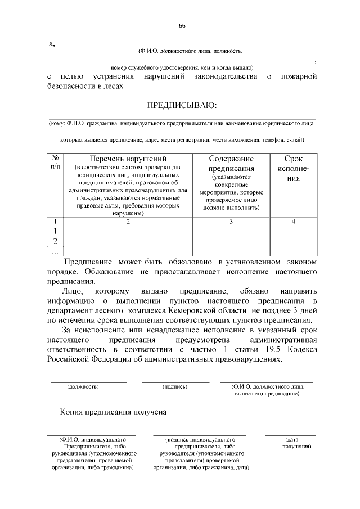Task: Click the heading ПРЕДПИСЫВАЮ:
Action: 181,105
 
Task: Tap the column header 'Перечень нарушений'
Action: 128,159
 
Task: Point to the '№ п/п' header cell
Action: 56,163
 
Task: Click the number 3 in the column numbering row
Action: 231,221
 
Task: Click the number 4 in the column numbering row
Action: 293,221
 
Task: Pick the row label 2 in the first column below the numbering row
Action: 56,241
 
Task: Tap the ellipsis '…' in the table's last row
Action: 55,251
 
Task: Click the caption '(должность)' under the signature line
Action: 83,387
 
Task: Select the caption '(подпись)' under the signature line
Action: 174,387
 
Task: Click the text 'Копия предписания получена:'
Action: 114,412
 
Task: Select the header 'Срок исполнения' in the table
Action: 293,168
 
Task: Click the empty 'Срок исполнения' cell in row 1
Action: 293,231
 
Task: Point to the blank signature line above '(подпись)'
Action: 175,381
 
